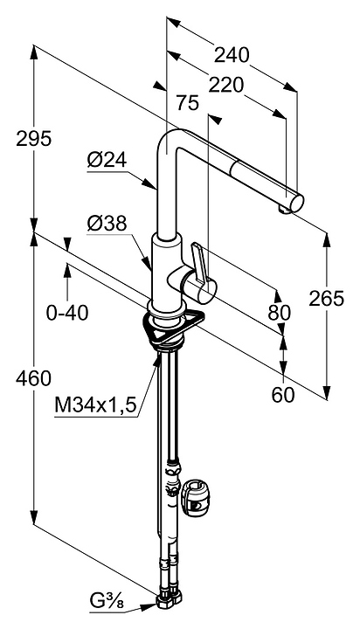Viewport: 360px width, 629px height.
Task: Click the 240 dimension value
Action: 232,55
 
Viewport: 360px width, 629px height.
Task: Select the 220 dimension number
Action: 225,85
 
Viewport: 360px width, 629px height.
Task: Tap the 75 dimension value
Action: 187,103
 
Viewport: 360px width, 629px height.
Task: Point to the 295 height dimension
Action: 34,139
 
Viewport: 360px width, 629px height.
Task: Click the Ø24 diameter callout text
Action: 107,161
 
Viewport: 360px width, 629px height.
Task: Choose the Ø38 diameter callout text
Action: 107,224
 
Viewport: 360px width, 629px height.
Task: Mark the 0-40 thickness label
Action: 67,313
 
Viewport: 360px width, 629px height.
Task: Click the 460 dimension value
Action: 34,378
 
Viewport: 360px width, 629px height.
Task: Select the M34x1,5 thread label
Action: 95,404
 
